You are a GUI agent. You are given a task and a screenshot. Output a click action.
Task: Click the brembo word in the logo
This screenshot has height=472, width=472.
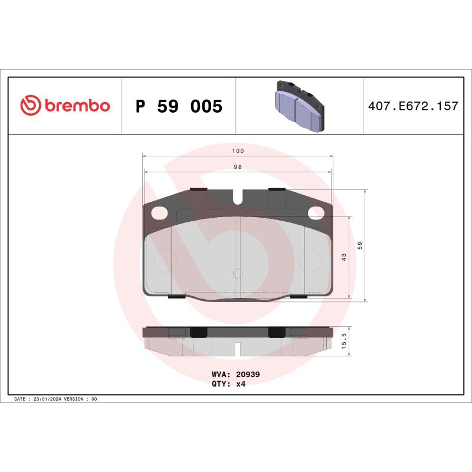77,106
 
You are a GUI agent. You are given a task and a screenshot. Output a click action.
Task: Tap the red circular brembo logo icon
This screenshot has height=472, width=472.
31,105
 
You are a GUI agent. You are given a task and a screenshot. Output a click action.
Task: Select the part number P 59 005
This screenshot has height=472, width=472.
179,106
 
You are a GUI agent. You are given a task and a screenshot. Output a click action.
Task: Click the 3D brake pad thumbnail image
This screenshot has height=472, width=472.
299,106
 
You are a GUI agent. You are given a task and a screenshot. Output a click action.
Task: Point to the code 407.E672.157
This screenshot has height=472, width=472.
413,106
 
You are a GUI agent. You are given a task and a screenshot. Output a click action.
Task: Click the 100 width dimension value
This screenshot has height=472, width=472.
238,151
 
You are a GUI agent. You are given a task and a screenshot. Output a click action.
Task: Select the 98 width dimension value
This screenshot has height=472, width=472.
238,167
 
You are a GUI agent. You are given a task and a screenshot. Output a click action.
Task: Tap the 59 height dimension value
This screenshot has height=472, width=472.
360,245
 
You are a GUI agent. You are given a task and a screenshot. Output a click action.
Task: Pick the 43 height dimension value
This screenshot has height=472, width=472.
344,257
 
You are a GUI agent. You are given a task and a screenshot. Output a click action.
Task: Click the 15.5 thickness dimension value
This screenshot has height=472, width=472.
344,341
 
